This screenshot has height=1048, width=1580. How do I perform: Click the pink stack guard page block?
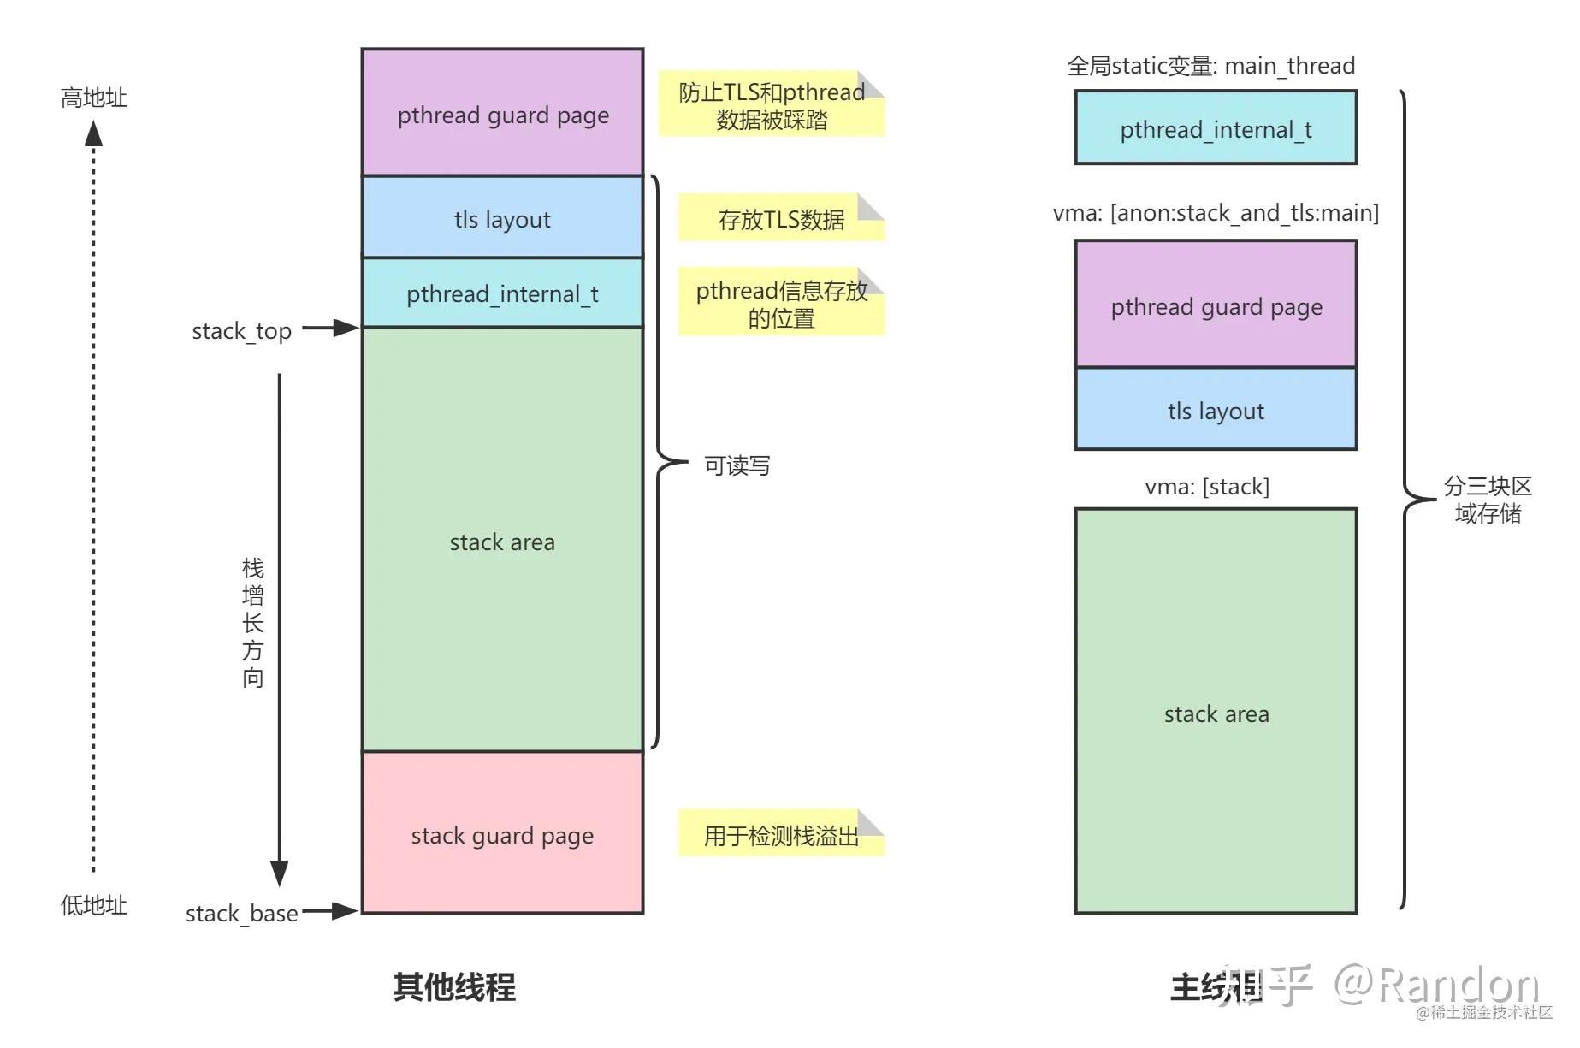502,833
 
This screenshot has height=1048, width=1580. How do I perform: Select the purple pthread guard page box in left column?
502,113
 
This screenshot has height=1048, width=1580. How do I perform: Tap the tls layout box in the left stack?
502,217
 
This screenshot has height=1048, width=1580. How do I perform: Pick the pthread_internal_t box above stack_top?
502,293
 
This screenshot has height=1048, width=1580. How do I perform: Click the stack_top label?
241,330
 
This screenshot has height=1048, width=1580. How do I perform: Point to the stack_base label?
241,913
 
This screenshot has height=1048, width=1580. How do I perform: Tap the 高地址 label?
93,98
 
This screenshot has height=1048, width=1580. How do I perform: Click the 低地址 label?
93,905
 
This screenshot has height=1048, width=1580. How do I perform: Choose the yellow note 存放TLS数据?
780,218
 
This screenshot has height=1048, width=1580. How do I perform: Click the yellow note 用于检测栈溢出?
780,834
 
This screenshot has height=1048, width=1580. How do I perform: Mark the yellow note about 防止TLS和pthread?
770,104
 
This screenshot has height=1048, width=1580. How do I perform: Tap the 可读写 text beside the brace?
737,465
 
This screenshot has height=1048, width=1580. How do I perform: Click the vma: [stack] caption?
1207,486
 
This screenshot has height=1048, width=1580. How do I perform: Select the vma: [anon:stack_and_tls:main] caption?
1216,212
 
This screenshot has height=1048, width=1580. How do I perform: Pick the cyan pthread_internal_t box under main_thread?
1216,128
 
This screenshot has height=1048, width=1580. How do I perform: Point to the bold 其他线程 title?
454,986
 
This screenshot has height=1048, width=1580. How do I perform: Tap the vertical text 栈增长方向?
252,622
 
